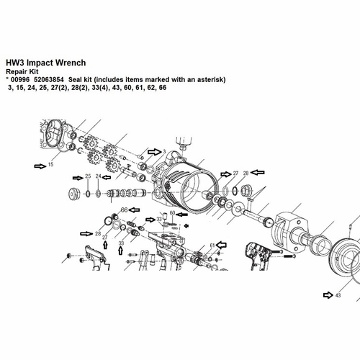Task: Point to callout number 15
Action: [x=51, y=166]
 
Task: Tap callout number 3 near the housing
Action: [x=165, y=152]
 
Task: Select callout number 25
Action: [x=88, y=176]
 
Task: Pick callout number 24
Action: [x=99, y=176]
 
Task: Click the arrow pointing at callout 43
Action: [x=327, y=294]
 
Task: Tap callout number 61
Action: [x=212, y=246]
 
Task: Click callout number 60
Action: [x=172, y=213]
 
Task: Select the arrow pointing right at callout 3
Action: [x=154, y=152]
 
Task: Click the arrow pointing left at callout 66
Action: [x=135, y=210]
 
